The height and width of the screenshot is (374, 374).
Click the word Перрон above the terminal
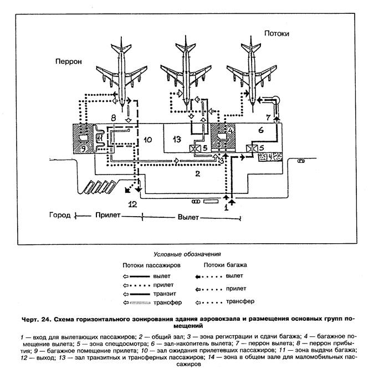[68, 62]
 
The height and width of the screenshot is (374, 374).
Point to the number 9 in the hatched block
[83, 148]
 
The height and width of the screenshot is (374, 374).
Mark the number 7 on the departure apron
[268, 117]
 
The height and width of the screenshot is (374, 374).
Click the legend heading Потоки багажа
[224, 265]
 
